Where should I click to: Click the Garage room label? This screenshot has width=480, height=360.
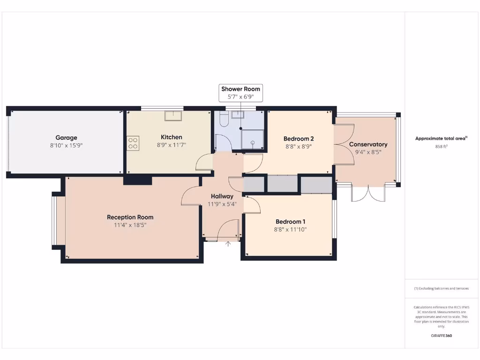pyautogui.click(x=66, y=137)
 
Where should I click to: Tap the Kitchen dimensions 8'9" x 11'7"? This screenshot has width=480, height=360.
pyautogui.click(x=172, y=145)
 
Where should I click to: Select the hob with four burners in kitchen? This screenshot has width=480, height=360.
pyautogui.click(x=133, y=143)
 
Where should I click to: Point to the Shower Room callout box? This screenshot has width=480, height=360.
pyautogui.click(x=240, y=92)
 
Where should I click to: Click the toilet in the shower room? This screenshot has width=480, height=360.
pyautogui.click(x=223, y=120)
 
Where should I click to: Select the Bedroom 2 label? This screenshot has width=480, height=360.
pyautogui.click(x=299, y=139)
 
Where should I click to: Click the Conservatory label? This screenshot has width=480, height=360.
pyautogui.click(x=368, y=144)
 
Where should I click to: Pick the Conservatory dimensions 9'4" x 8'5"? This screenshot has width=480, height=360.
pyautogui.click(x=368, y=152)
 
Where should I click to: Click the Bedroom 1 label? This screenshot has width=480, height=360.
pyautogui.click(x=291, y=222)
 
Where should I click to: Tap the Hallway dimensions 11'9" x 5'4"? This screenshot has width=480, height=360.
pyautogui.click(x=222, y=204)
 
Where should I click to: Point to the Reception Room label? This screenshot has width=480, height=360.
pyautogui.click(x=130, y=217)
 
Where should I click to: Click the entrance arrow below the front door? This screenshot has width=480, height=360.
pyautogui.click(x=228, y=244)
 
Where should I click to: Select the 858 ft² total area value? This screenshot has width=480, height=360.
pyautogui.click(x=441, y=146)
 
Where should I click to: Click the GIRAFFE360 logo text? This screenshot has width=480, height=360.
pyautogui.click(x=441, y=336)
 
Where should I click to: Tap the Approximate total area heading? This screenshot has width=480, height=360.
pyautogui.click(x=441, y=138)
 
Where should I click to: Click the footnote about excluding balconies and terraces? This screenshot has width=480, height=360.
pyautogui.click(x=441, y=288)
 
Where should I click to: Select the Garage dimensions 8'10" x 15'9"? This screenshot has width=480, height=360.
pyautogui.click(x=66, y=145)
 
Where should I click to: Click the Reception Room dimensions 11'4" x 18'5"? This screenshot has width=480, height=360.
pyautogui.click(x=130, y=225)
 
